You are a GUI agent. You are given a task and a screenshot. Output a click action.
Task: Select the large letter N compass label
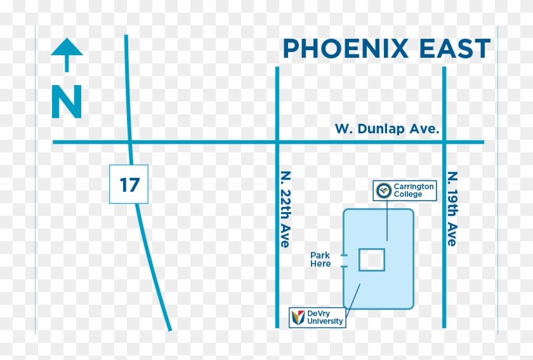click(67, 102)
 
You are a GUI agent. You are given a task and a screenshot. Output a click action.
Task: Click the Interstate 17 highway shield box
click(129, 184)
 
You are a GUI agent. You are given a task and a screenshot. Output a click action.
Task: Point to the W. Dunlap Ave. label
click(387, 129)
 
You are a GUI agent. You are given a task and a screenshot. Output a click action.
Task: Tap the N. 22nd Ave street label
click(286, 209)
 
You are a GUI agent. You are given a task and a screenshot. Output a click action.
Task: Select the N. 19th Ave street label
click(452, 208)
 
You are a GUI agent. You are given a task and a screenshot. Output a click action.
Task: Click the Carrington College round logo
click(383, 190)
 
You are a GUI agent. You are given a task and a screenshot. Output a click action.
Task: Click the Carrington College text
click(414, 190)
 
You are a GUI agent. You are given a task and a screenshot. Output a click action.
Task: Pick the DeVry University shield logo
click(298, 317)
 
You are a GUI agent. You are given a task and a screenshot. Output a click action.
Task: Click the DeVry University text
click(326, 317)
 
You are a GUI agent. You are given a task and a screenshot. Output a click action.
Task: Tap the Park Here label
click(320, 260)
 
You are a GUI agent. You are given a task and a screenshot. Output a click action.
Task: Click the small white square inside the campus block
click(372, 260)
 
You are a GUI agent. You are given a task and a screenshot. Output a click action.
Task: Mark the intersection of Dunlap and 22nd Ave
click(277, 142)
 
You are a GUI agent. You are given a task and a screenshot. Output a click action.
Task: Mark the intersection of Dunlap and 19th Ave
click(444, 142)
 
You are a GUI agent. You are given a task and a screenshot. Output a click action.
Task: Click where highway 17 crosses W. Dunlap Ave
click(129, 142)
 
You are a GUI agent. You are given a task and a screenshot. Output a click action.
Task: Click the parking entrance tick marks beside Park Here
click(343, 260)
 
